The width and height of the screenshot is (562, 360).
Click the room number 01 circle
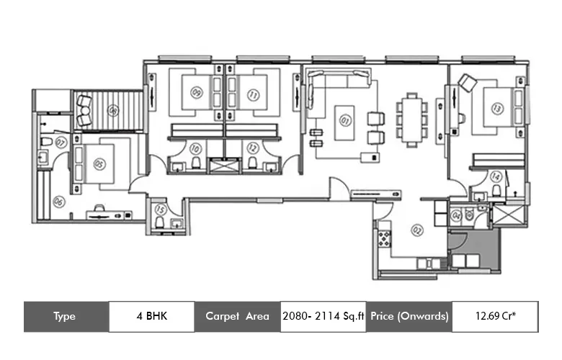(344, 120)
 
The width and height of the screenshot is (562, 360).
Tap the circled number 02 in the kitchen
(416, 230)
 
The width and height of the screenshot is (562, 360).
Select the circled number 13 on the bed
(496, 108)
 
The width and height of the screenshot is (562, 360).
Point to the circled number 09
(196, 92)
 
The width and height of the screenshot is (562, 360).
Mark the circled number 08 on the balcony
(112, 110)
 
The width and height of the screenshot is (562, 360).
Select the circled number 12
(252, 148)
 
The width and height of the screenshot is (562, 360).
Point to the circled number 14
(495, 176)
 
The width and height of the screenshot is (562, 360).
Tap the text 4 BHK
(151, 316)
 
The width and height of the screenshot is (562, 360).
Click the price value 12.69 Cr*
(495, 316)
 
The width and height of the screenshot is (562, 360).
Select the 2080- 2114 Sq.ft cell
(323, 316)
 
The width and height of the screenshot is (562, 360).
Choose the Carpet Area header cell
(237, 316)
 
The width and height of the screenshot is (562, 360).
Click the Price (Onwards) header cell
(409, 316)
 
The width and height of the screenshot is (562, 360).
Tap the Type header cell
(66, 316)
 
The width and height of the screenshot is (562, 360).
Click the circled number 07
(61, 143)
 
